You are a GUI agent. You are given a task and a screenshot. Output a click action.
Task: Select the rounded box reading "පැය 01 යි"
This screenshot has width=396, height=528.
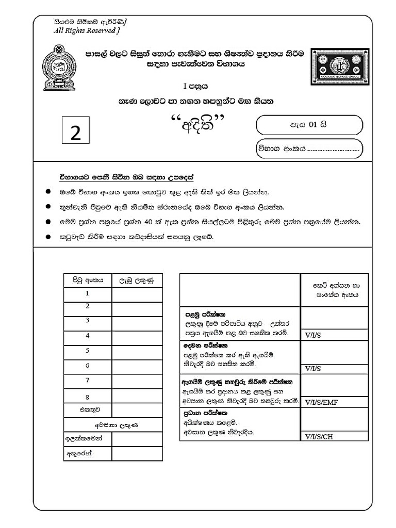309,125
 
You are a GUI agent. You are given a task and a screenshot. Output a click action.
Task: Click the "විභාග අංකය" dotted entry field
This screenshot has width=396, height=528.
309,150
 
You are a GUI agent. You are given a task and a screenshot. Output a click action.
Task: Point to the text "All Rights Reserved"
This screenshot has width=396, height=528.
86,31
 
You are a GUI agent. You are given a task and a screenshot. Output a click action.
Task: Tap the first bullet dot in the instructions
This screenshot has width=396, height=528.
48,192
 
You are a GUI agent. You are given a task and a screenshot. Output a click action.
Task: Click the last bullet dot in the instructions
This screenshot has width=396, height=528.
48,237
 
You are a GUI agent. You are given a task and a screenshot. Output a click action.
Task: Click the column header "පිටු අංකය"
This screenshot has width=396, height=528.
88,280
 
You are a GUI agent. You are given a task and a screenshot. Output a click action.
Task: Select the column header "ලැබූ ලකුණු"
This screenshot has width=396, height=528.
137,280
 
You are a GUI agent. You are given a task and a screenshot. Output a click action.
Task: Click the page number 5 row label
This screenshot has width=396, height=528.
88,351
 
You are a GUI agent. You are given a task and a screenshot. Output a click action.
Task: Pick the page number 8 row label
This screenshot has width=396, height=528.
88,397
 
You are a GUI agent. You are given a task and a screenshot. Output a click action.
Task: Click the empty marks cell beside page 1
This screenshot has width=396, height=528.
137,294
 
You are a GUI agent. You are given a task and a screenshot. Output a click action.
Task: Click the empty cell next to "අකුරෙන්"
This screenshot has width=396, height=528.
137,454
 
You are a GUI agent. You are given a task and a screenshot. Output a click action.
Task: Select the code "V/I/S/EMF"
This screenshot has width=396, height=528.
321,402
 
